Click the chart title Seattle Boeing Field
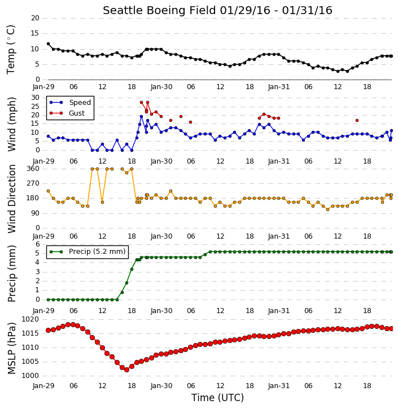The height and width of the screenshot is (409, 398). pos(159,11)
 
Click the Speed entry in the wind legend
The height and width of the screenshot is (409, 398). pos(80,103)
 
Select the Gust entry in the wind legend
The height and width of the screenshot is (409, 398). pos(77,113)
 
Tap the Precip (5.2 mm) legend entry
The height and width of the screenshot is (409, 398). pos(97,252)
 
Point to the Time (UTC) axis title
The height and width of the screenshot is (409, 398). pos(217,398)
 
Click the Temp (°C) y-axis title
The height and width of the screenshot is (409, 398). pos(11,50)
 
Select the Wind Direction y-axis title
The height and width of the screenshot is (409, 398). pos(12,199)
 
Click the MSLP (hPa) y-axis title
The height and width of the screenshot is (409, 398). pos(12,348)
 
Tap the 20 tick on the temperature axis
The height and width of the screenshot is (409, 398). pos(35,18)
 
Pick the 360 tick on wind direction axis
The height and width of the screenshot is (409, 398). pos(33,169)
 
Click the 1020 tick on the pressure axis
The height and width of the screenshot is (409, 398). pos(30,319)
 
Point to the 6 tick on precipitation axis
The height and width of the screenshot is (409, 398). pos(38,244)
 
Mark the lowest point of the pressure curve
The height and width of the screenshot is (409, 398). pos(127,370)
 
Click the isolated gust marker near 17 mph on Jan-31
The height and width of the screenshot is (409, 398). pos(357,121)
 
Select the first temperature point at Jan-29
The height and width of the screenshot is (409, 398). pos(49,44)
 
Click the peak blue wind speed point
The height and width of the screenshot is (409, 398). pos(142,117)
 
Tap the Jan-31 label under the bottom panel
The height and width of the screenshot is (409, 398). pos(279,386)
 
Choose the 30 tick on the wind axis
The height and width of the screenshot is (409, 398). pos(35,98)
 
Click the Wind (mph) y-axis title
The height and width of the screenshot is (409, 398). pos(12,124)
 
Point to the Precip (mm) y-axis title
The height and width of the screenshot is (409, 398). pos(12,274)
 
